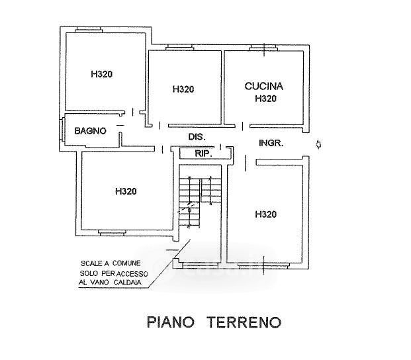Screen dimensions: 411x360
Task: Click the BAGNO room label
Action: point(91,131)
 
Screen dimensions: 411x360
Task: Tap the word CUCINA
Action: point(263,86)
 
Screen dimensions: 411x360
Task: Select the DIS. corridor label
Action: point(197,137)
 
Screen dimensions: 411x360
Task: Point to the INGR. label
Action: point(271,143)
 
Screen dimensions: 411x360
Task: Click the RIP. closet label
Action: point(203,154)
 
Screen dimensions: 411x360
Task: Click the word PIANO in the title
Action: point(171,322)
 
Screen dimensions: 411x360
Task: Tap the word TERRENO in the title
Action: point(244,322)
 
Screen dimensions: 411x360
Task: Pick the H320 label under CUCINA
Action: point(265,99)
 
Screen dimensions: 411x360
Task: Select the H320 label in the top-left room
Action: point(101,74)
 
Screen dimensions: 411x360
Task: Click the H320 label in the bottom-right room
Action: point(265,214)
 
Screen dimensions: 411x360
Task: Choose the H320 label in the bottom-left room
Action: point(126,191)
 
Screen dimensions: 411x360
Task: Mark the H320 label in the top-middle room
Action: point(183,89)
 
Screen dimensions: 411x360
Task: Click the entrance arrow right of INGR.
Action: point(319,144)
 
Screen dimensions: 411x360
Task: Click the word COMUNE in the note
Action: point(126,263)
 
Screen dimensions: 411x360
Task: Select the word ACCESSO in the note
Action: point(132,274)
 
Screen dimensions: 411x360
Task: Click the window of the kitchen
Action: point(263,48)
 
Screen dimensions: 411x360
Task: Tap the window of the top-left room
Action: point(89,30)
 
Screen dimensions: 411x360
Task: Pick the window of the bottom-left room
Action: point(113,233)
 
